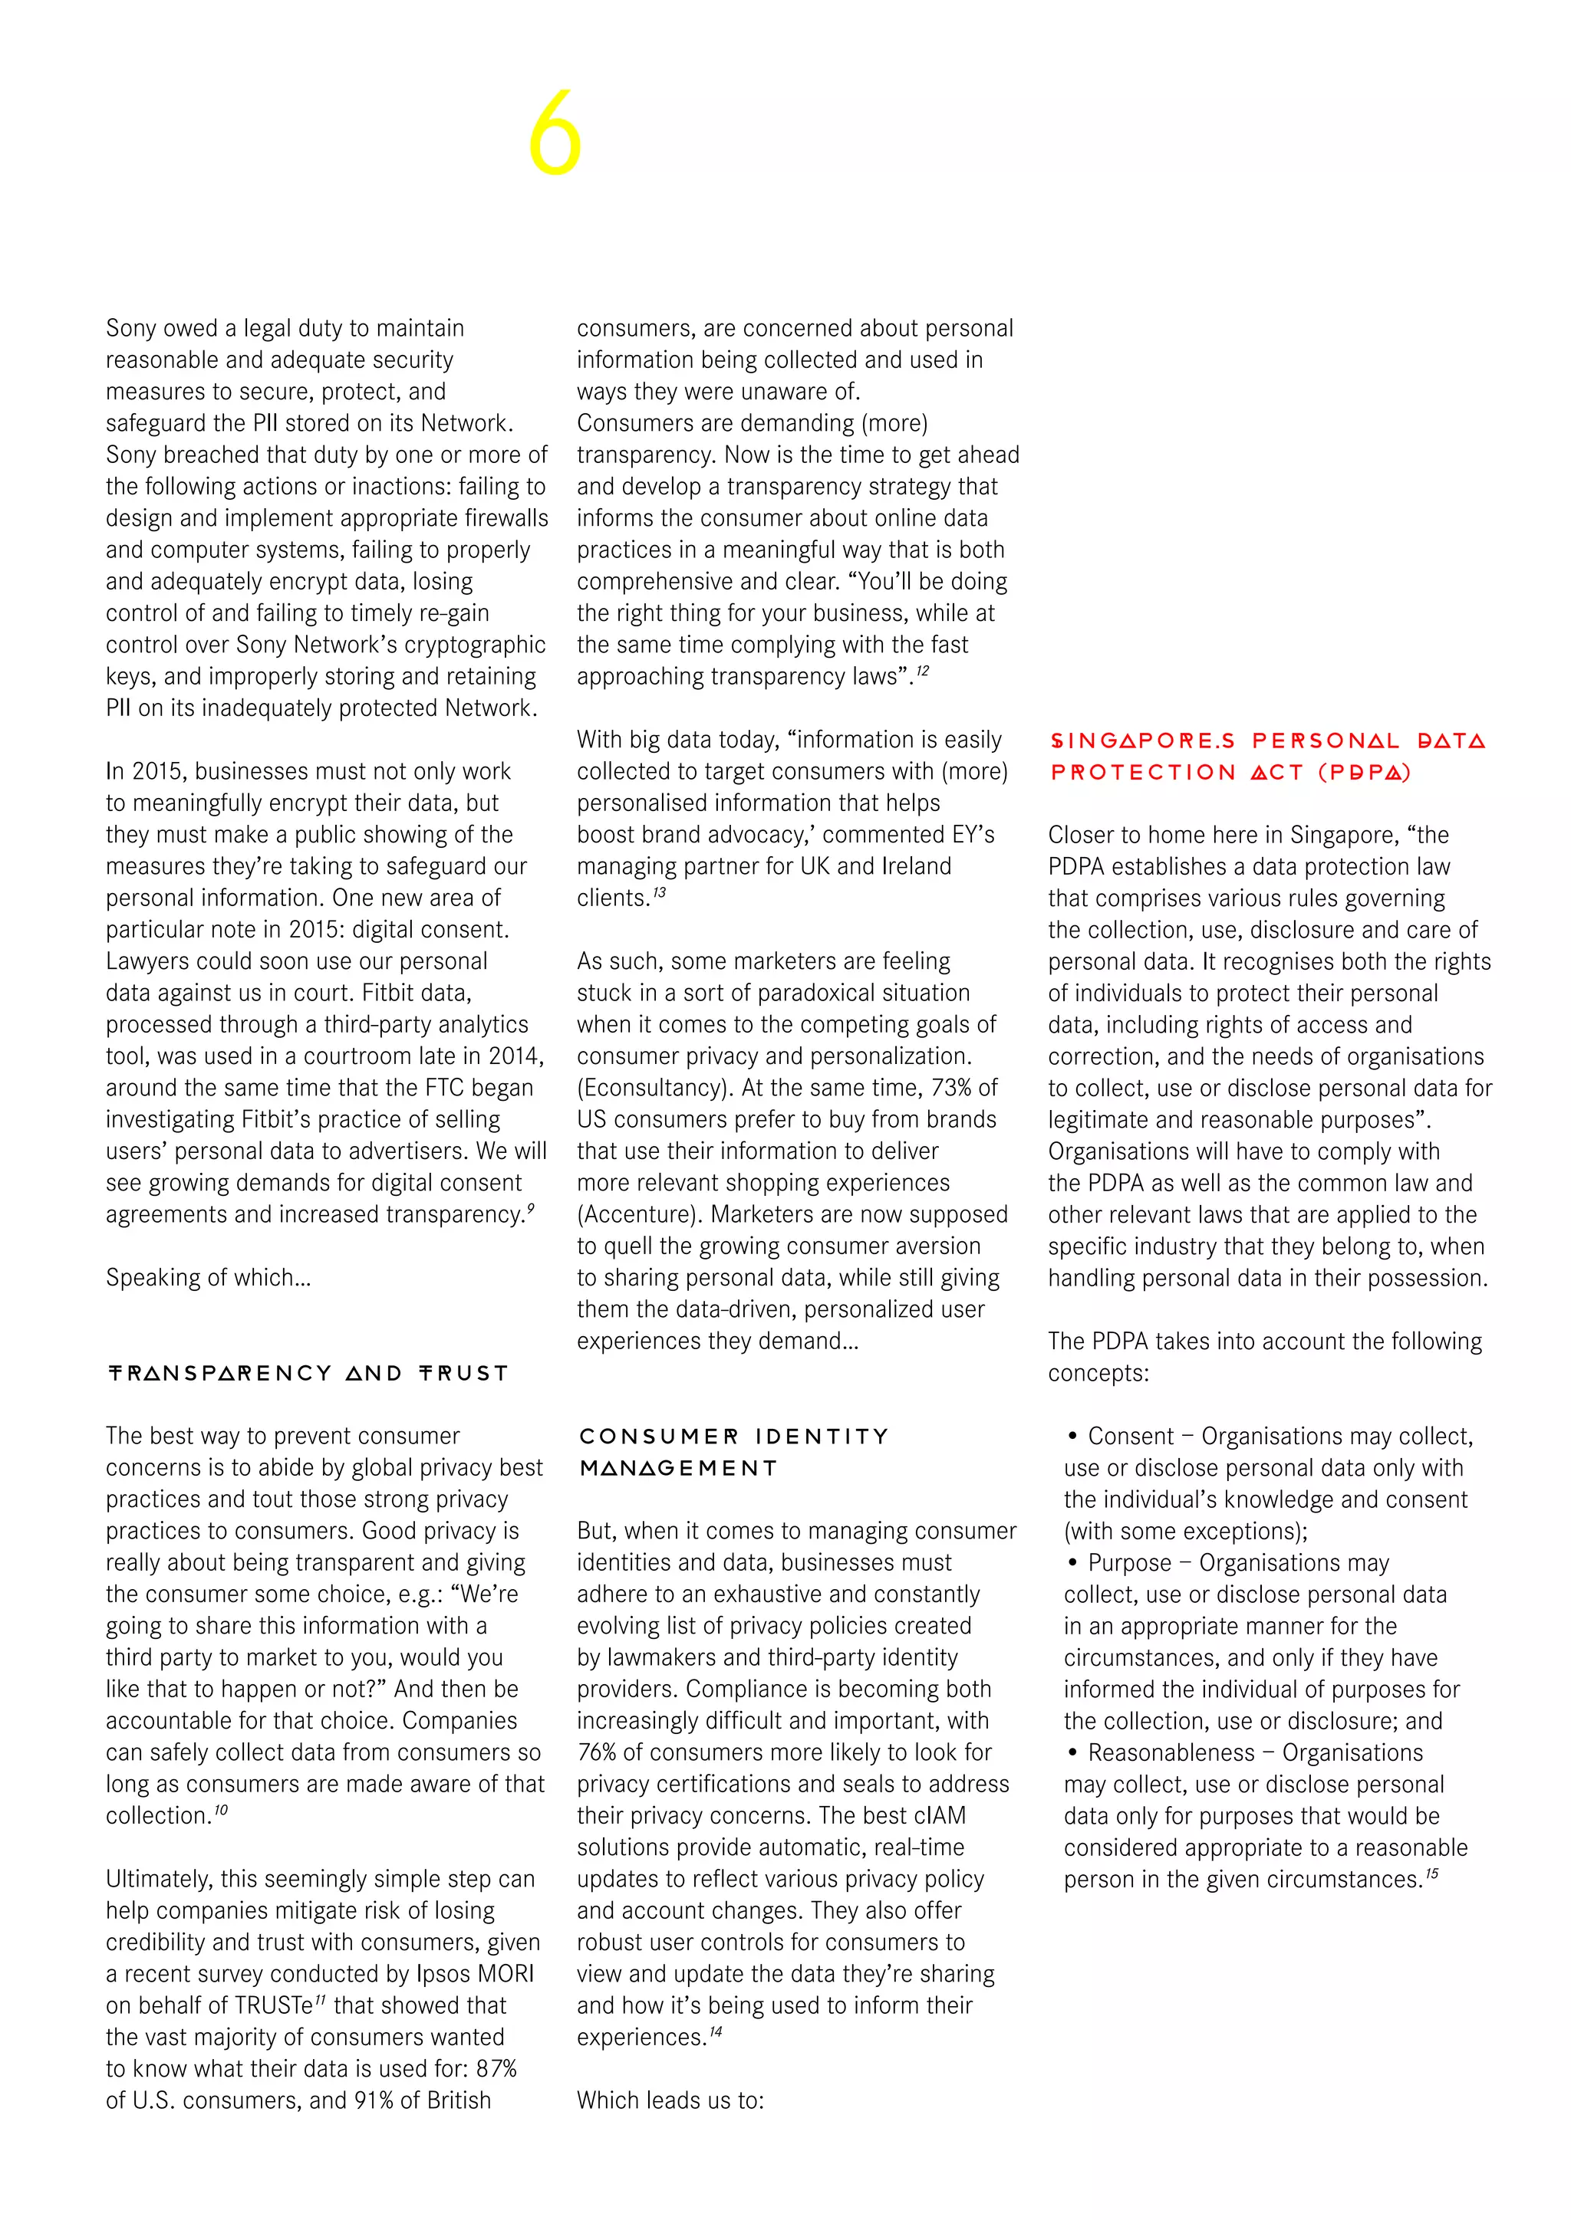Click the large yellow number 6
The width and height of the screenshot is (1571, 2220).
pyautogui.click(x=555, y=133)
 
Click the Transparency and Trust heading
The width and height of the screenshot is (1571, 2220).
pyautogui.click(x=308, y=1373)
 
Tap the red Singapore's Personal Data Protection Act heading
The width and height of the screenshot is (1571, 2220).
pyautogui.click(x=1267, y=756)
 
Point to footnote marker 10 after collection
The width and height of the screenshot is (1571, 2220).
pyautogui.click(x=221, y=1809)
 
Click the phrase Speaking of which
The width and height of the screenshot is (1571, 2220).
pyautogui.click(x=208, y=1277)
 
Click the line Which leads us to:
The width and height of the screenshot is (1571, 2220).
pyautogui.click(x=670, y=2100)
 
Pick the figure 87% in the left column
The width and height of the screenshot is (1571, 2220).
pyautogui.click(x=496, y=2068)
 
